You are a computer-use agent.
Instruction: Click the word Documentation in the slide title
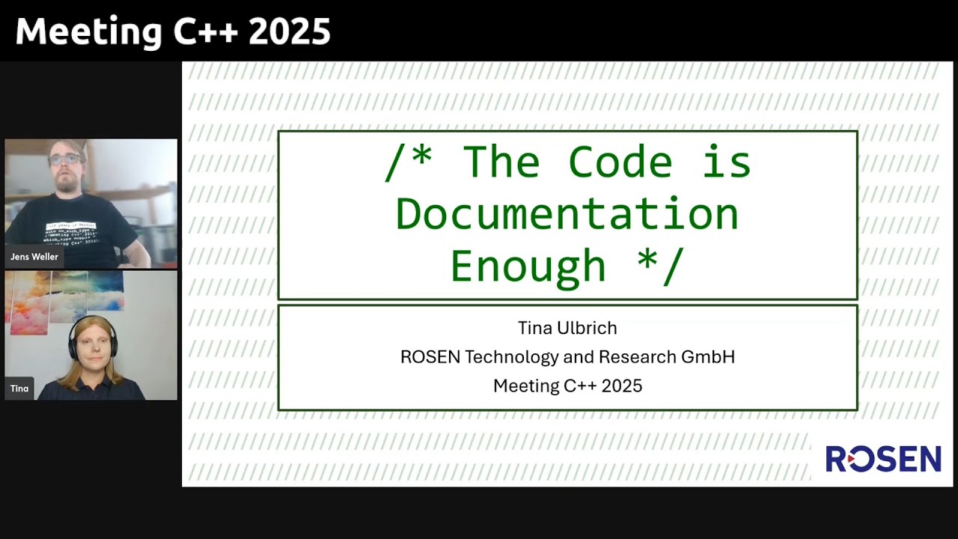tap(567, 214)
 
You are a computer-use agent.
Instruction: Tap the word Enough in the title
tap(528, 267)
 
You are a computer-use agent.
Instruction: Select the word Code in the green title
tap(620, 162)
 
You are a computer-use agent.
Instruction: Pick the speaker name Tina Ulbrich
tap(567, 328)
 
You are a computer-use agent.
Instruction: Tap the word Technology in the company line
tap(513, 357)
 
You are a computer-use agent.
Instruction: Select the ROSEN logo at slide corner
tap(883, 459)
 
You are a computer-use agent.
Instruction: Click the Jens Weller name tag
tap(34, 257)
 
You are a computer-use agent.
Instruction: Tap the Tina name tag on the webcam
tap(19, 389)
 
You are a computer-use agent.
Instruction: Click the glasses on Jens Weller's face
tap(67, 159)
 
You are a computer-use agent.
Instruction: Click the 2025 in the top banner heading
tap(290, 32)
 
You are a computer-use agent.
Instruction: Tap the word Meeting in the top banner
tap(88, 32)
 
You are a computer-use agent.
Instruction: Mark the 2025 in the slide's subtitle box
tap(622, 386)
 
